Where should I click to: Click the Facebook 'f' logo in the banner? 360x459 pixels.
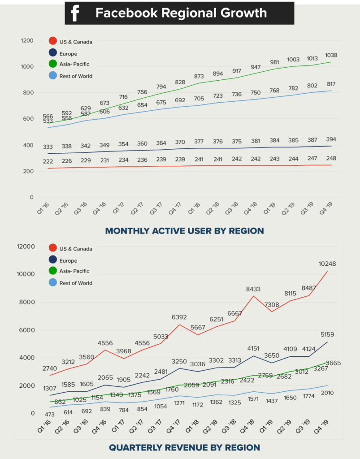(75, 13)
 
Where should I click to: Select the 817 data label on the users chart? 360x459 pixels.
(331, 84)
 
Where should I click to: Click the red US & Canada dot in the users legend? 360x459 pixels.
(52, 42)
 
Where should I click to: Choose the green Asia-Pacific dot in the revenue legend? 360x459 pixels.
(52, 271)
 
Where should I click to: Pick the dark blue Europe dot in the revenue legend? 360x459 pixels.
(52, 260)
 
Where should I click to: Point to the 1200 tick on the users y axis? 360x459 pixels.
(27, 41)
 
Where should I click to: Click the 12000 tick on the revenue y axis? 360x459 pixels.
(26, 247)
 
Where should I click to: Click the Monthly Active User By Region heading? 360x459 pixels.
(184, 231)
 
